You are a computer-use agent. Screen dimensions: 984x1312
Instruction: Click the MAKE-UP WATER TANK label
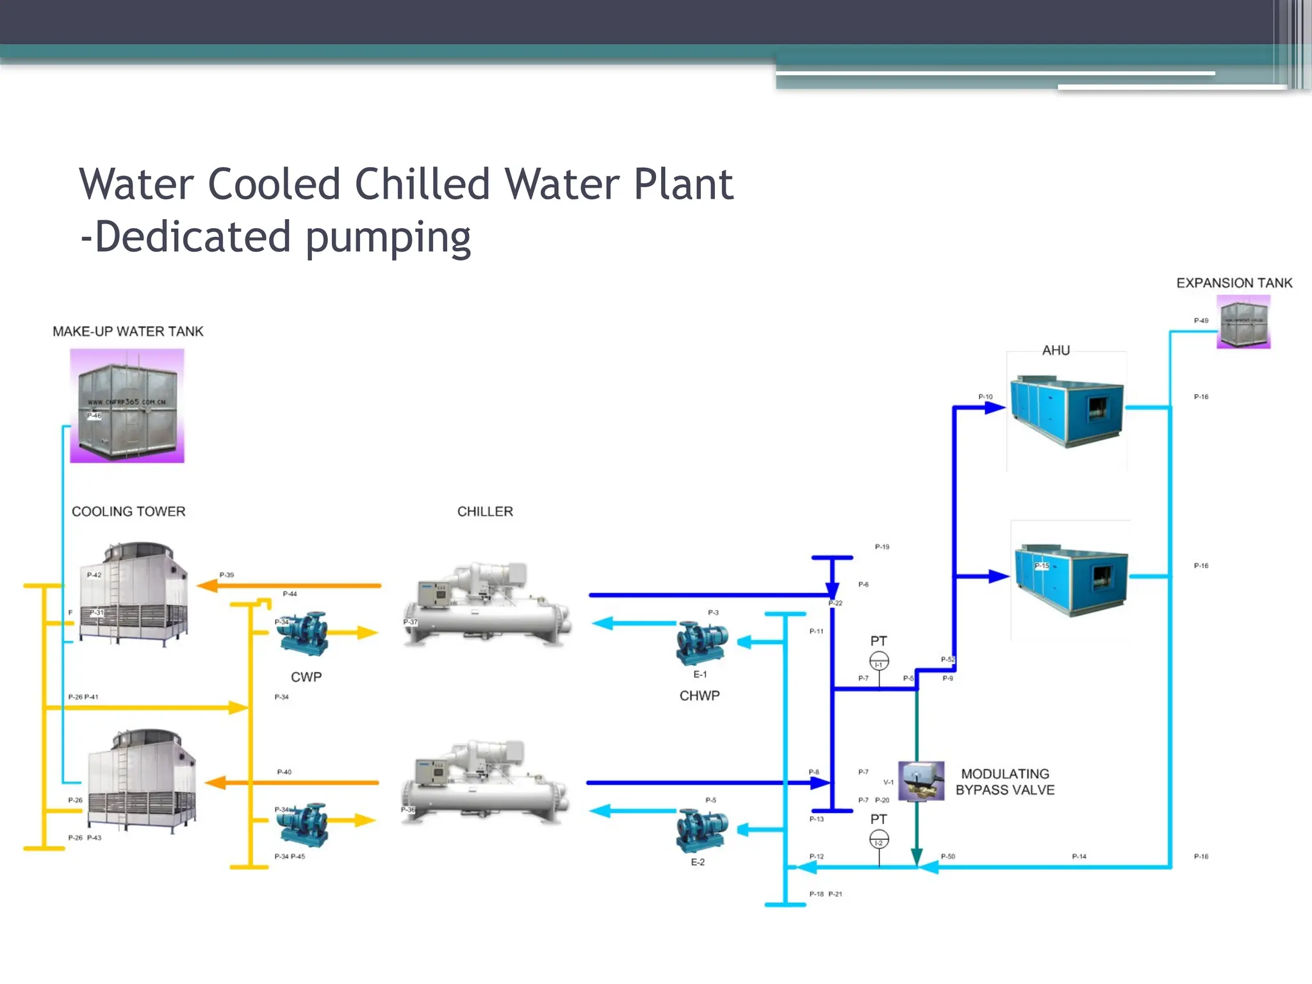click(x=127, y=331)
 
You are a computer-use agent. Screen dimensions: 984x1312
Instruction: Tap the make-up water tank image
click(x=127, y=406)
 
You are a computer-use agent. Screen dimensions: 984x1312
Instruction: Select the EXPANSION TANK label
click(x=1234, y=283)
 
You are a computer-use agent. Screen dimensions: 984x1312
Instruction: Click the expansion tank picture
click(x=1243, y=322)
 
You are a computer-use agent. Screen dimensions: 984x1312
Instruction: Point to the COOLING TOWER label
click(x=128, y=511)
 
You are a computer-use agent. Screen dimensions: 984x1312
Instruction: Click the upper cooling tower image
click(x=134, y=593)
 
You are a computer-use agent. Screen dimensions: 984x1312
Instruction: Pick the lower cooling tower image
click(x=142, y=780)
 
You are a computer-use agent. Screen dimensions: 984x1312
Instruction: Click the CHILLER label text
click(x=485, y=511)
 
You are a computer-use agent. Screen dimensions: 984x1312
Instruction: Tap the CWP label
click(x=306, y=677)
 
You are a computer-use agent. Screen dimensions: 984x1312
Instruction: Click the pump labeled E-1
click(x=701, y=643)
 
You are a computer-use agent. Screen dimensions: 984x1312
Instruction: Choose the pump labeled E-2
click(x=701, y=830)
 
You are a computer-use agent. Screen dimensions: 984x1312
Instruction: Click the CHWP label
click(x=700, y=696)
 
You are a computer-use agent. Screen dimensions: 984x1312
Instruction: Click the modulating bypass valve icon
click(x=921, y=781)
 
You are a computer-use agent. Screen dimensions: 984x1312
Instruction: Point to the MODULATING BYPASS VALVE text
click(x=1004, y=782)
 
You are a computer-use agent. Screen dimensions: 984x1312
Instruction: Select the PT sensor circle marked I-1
click(x=879, y=660)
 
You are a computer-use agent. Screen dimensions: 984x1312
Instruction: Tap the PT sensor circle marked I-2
click(x=879, y=839)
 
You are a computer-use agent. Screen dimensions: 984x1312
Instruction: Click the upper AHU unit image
click(x=1067, y=410)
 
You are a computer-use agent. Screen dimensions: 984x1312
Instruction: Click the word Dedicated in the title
click(x=192, y=236)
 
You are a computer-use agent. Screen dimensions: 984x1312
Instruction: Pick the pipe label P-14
click(x=1079, y=857)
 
